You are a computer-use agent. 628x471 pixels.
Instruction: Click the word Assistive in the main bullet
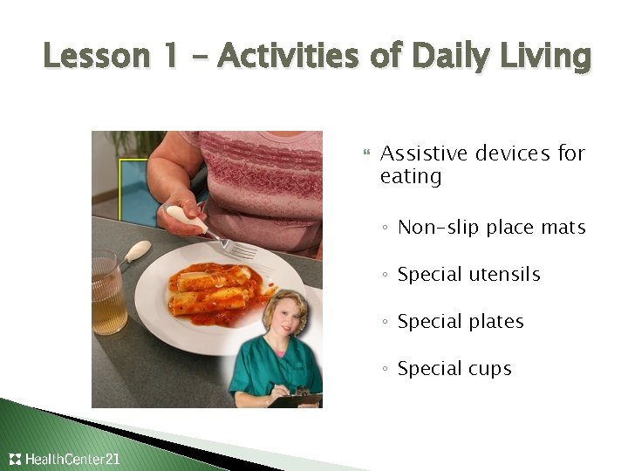click(x=425, y=154)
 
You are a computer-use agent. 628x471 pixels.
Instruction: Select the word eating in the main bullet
click(x=411, y=177)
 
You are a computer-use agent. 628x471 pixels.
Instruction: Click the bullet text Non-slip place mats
click(x=491, y=228)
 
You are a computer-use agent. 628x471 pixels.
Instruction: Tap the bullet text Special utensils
click(x=468, y=275)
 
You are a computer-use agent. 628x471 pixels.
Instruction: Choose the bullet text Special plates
click(x=461, y=322)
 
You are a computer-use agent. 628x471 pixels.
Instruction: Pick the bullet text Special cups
click(x=454, y=369)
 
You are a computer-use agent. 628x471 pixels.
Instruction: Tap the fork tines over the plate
click(x=242, y=250)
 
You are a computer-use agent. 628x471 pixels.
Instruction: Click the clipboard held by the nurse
click(x=297, y=399)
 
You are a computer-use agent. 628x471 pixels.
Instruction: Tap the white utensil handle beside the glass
click(x=138, y=252)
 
